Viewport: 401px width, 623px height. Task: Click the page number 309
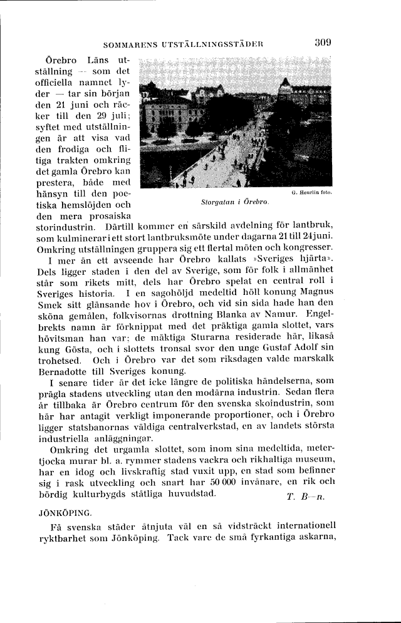(323, 43)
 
